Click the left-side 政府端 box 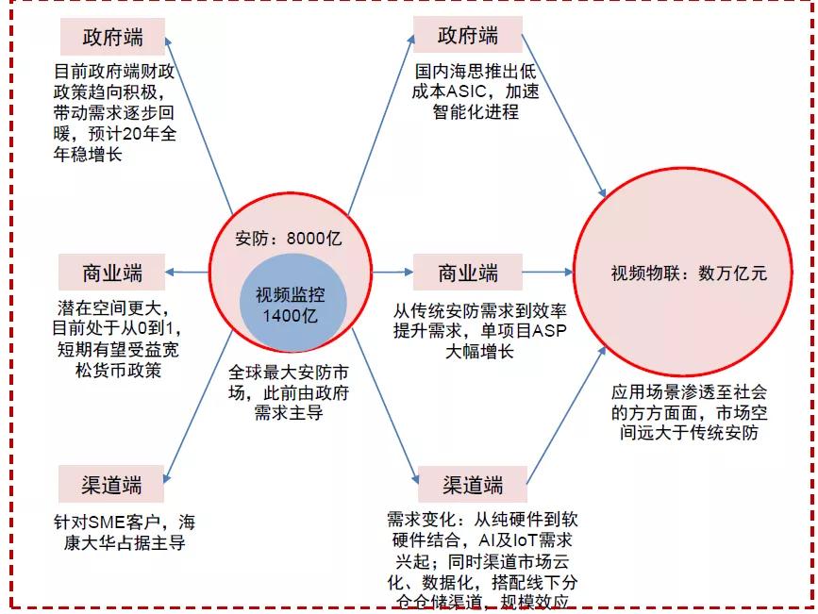coord(112,38)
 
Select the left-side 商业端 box coord(111,274)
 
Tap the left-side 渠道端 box coord(111,485)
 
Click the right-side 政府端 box coord(468,37)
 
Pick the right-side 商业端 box coord(468,274)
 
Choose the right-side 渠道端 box coord(473,486)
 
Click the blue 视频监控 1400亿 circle coord(292,305)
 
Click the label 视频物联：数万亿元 coord(689,274)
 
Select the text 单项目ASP coord(515,331)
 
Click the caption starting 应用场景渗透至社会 coord(689,412)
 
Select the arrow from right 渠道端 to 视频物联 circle coord(565,414)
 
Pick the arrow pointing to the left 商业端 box coord(189,274)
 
